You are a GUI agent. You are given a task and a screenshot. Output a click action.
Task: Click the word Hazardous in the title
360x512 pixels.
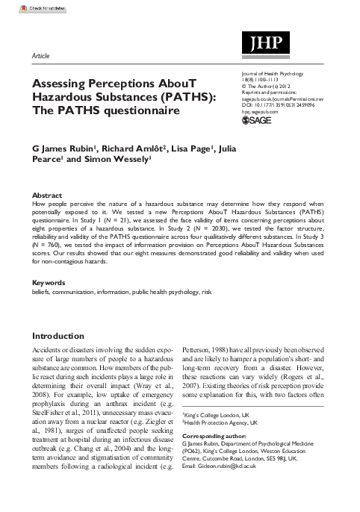(x=69, y=99)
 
